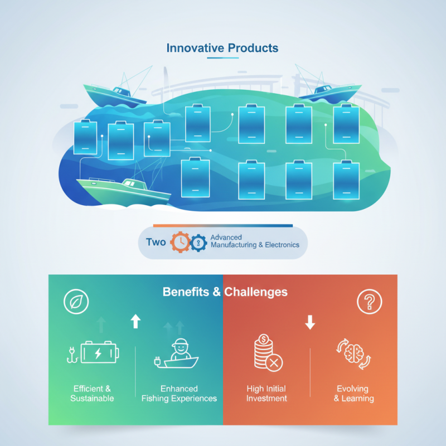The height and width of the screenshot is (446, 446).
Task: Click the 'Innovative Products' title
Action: coord(222,48)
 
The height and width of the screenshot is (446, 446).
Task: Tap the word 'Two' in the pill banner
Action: coord(156,242)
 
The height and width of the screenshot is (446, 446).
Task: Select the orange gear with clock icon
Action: coord(180,242)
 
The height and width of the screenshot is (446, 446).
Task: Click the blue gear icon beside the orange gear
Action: coord(198,243)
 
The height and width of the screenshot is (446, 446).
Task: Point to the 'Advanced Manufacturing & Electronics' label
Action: coord(255,241)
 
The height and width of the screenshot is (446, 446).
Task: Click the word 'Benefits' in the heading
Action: coord(186,292)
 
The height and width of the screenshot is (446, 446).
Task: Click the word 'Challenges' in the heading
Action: coord(256,292)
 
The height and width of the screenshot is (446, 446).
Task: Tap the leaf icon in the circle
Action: coord(76,302)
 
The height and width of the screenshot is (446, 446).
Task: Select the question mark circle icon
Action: coord(369,302)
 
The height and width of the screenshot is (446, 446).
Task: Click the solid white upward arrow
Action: coord(135,321)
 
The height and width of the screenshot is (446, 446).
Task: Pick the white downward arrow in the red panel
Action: coord(310,322)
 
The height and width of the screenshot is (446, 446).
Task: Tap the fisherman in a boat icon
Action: coord(176,353)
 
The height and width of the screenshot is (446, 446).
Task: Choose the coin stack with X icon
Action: coord(268,353)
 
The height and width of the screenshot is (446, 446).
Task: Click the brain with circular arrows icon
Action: coord(354,354)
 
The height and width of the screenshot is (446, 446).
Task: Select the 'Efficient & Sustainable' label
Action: coord(92,394)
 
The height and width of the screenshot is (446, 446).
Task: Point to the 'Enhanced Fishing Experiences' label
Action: coord(179,394)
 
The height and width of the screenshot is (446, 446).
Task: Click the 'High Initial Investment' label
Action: coord(266,394)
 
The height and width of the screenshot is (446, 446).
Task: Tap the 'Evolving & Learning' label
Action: coord(353,394)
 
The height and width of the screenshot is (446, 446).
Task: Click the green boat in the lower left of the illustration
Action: coord(124,191)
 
